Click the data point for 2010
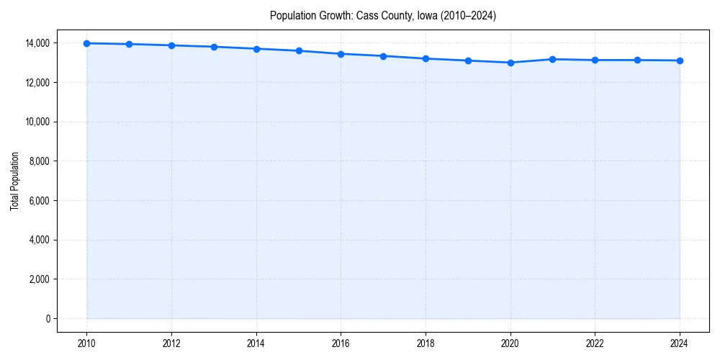86,43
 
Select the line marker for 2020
510,63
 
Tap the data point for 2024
680,60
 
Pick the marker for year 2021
553,59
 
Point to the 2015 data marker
299,50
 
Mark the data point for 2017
384,56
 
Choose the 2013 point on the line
214,47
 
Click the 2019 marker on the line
468,60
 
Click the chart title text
382,15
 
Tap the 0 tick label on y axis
48,318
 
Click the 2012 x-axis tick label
171,343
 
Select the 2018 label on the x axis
426,343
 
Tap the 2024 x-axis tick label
680,343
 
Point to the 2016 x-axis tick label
341,343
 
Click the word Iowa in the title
428,15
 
